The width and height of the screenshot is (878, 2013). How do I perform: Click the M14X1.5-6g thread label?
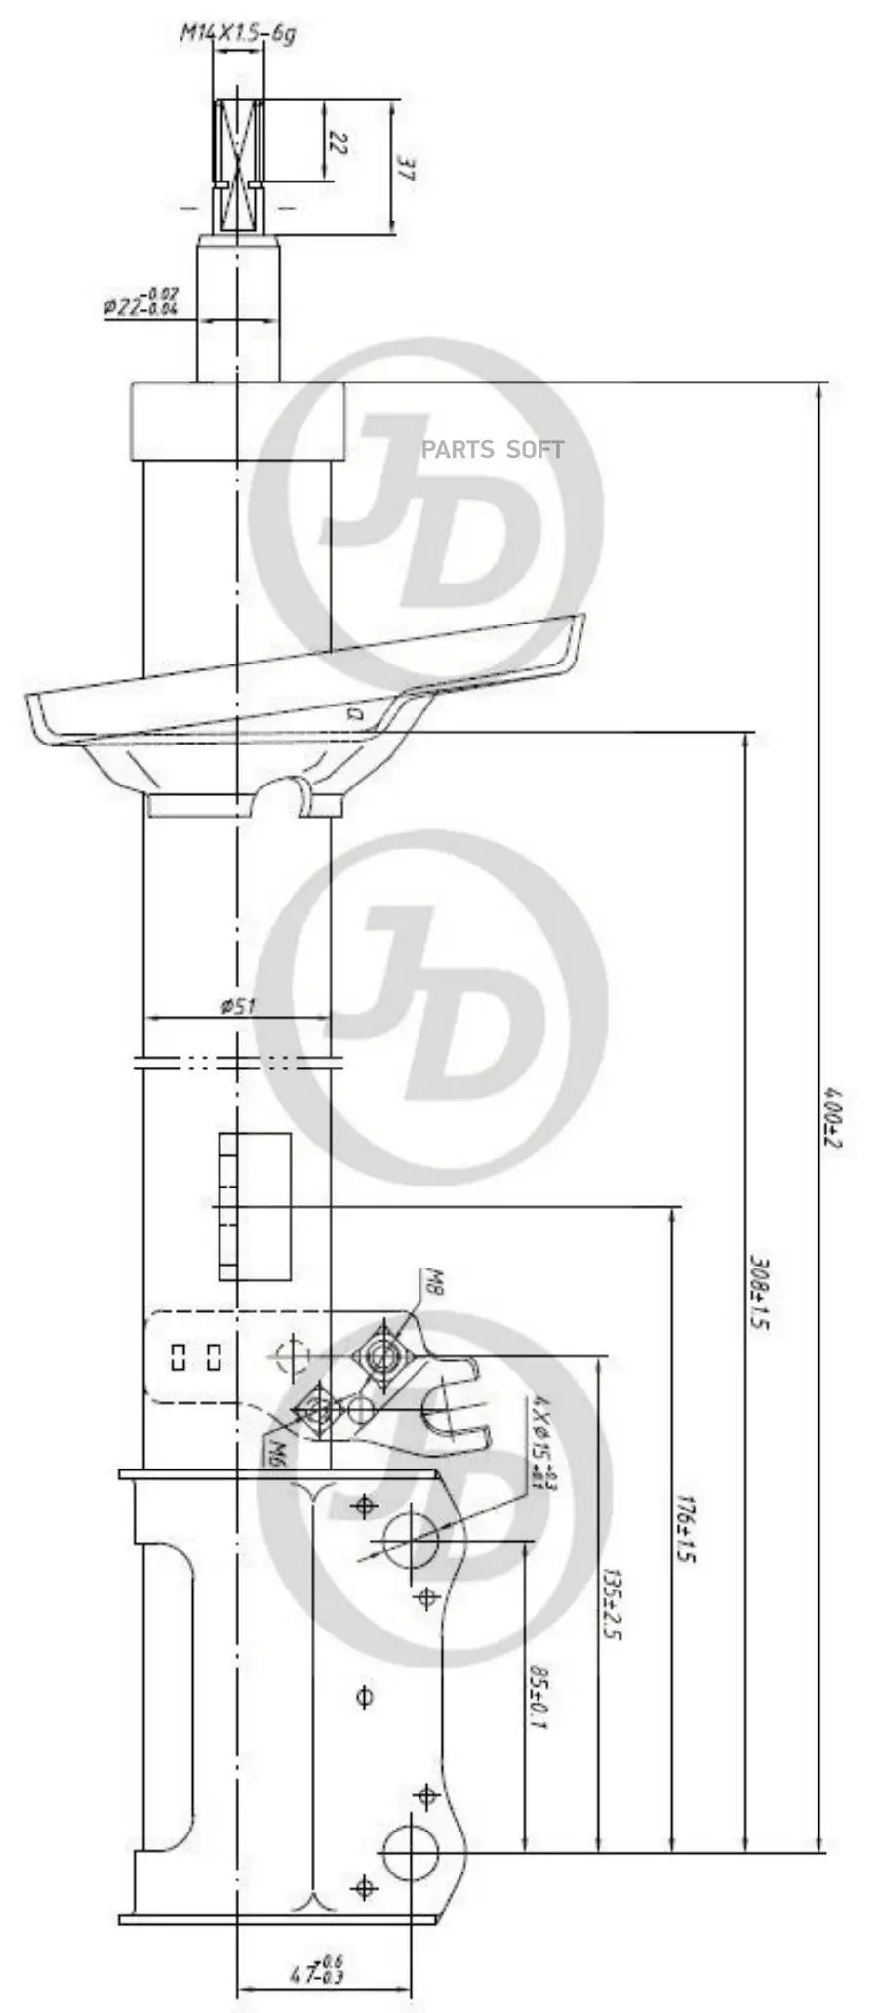pyautogui.click(x=237, y=35)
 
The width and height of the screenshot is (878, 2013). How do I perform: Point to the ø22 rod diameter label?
pyautogui.click(x=141, y=302)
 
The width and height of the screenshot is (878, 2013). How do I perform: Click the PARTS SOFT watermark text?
pyautogui.click(x=492, y=449)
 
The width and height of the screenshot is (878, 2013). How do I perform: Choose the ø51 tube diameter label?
pyautogui.click(x=237, y=1006)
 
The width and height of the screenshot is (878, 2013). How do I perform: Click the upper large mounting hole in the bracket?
pyautogui.click(x=410, y=1539)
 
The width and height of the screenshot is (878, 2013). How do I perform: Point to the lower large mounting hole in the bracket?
pyautogui.click(x=410, y=1852)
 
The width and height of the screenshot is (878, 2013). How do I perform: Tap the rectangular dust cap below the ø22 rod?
pyautogui.click(x=239, y=421)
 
